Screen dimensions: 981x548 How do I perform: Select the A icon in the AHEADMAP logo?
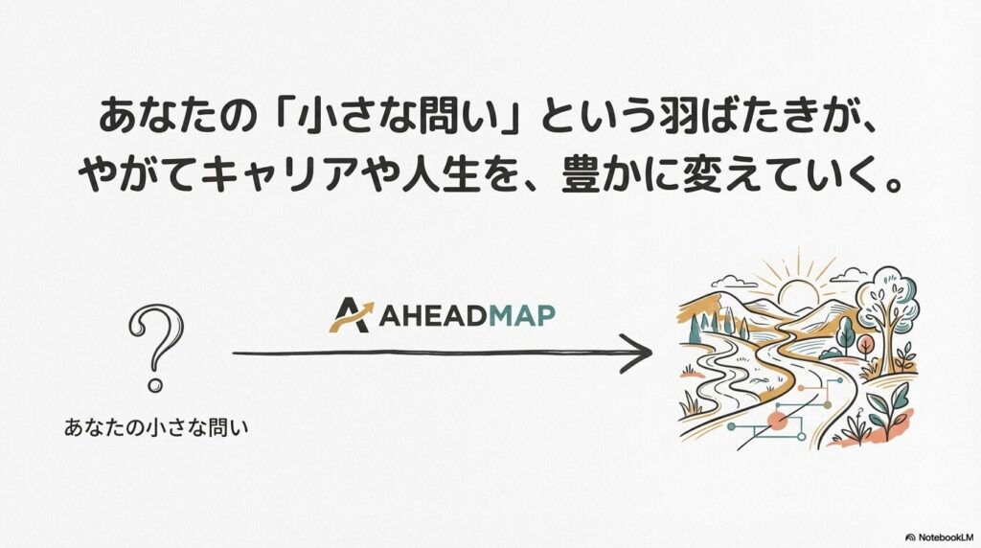pos(352,314)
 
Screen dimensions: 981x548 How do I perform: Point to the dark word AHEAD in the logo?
pos(432,315)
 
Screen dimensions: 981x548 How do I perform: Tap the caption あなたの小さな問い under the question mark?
pos(156,428)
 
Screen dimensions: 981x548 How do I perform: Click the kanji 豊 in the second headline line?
pos(582,175)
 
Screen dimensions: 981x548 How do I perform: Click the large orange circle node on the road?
pos(778,421)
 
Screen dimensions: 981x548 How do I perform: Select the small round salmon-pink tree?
pos(866,345)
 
